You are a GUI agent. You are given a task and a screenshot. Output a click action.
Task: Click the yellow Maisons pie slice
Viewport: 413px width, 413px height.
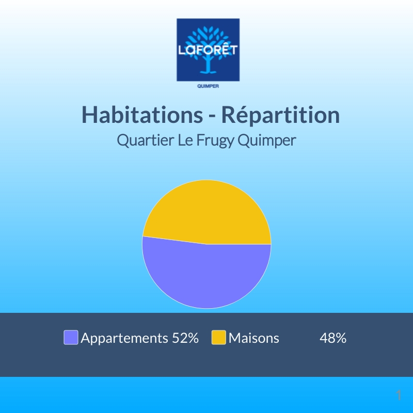(206, 212)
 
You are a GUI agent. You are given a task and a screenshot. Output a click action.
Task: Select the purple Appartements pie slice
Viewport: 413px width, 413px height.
(206, 276)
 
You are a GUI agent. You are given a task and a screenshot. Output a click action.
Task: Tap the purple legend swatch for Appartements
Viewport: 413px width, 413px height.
(71, 338)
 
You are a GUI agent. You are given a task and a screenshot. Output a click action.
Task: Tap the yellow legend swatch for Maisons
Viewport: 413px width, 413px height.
(219, 338)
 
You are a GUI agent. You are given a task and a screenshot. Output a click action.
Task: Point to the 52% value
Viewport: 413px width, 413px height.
(185, 338)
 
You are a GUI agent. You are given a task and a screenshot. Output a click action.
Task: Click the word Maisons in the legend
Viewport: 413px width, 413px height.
(254, 338)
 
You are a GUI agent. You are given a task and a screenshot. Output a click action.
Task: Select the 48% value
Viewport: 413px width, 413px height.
(333, 338)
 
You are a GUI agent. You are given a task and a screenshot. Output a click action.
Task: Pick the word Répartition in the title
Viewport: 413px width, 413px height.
(281, 115)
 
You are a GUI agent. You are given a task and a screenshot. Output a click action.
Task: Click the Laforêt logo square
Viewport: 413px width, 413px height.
(208, 50)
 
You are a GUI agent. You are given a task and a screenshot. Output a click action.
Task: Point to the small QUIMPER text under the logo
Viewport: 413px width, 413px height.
(208, 87)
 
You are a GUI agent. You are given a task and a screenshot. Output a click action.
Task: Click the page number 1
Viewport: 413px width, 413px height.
(399, 395)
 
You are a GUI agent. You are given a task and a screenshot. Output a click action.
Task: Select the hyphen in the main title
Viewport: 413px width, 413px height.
(211, 117)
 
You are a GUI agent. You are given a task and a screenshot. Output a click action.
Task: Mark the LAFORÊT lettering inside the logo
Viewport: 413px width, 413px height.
(208, 51)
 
